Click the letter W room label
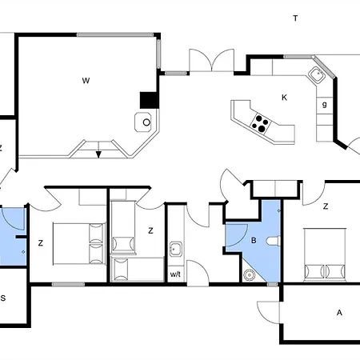[86, 81]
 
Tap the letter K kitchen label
[284, 98]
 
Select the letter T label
[295, 18]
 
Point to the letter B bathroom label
[254, 241]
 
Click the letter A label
[339, 313]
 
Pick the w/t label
[175, 274]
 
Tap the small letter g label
[324, 104]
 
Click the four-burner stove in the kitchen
[261, 123]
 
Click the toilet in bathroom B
[274, 241]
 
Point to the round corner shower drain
[250, 275]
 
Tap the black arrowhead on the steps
[98, 154]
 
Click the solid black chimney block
[150, 100]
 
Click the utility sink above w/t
[176, 250]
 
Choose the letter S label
[3, 298]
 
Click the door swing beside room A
[268, 313]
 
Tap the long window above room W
[115, 34]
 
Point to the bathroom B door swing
[237, 235]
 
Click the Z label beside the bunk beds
[150, 230]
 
